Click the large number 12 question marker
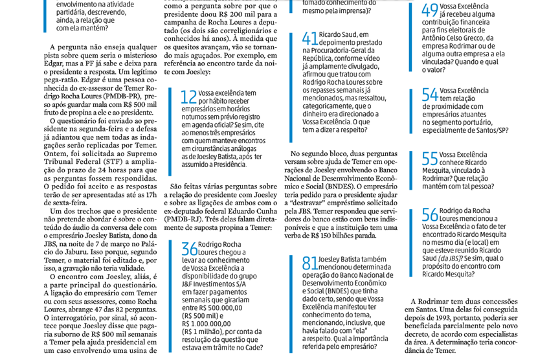point(189,98)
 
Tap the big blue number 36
point(189,249)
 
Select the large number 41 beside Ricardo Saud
point(310,38)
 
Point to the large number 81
point(310,264)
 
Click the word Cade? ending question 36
point(232,349)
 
